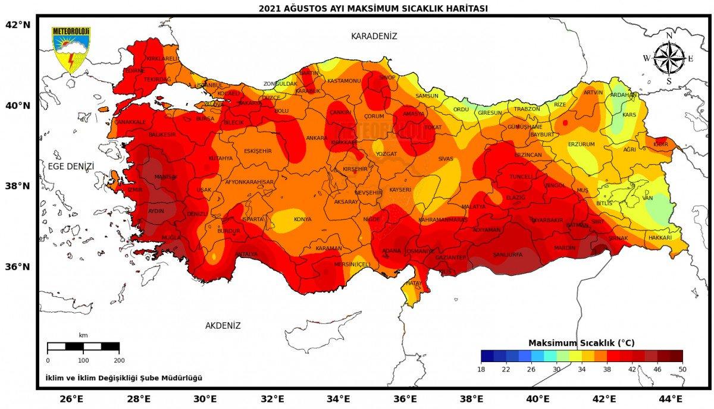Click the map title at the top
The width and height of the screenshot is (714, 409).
(373, 8)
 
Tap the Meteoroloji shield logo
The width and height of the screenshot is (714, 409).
(71, 49)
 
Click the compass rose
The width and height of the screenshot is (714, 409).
(669, 58)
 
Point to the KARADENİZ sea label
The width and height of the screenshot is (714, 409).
(374, 36)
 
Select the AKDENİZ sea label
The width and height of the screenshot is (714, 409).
(223, 326)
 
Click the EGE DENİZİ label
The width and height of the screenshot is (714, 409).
(71, 166)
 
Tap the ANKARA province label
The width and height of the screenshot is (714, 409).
(317, 138)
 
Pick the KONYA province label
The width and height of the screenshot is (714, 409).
(302, 219)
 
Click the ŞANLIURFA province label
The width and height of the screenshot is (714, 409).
(508, 254)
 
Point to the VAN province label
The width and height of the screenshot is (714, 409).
(648, 198)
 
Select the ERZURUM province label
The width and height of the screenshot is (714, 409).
(581, 144)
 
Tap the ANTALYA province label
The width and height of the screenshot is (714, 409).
(246, 254)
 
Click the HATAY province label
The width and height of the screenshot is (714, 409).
(413, 284)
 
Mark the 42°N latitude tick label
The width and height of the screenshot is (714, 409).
(17, 24)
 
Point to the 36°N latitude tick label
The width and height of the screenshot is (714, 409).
(17, 266)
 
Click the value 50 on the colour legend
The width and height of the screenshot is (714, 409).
(682, 369)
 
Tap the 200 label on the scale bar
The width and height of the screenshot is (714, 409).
(119, 360)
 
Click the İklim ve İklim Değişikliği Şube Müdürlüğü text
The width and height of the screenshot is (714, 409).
(124, 377)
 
